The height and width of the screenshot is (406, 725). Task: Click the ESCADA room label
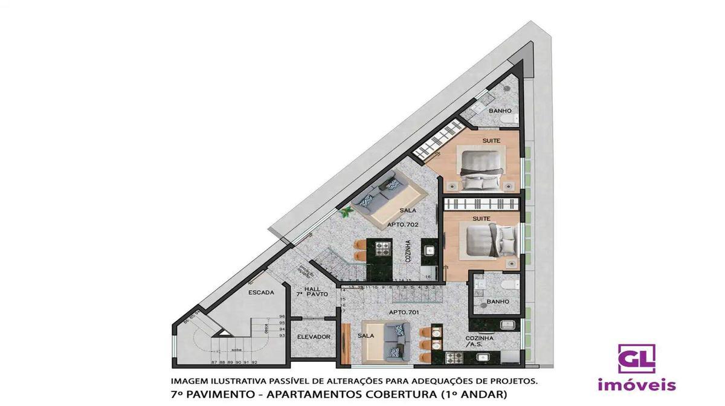click(261, 292)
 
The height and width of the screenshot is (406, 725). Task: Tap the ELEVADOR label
click(314, 337)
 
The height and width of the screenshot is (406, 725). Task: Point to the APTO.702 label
click(404, 224)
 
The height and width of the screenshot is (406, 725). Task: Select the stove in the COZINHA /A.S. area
click(454, 358)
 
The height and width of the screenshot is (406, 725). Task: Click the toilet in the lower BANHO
click(509, 284)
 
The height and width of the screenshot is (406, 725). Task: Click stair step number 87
click(214, 362)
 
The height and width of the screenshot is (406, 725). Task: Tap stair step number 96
click(282, 317)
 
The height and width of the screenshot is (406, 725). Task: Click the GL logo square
click(636, 358)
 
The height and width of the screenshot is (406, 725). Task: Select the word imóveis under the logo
click(637, 385)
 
